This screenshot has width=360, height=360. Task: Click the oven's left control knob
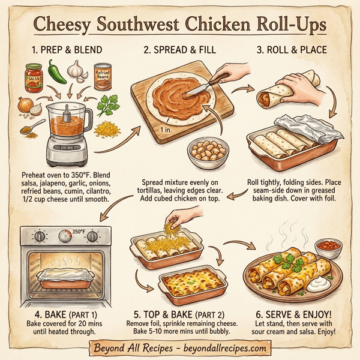point(40,236)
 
